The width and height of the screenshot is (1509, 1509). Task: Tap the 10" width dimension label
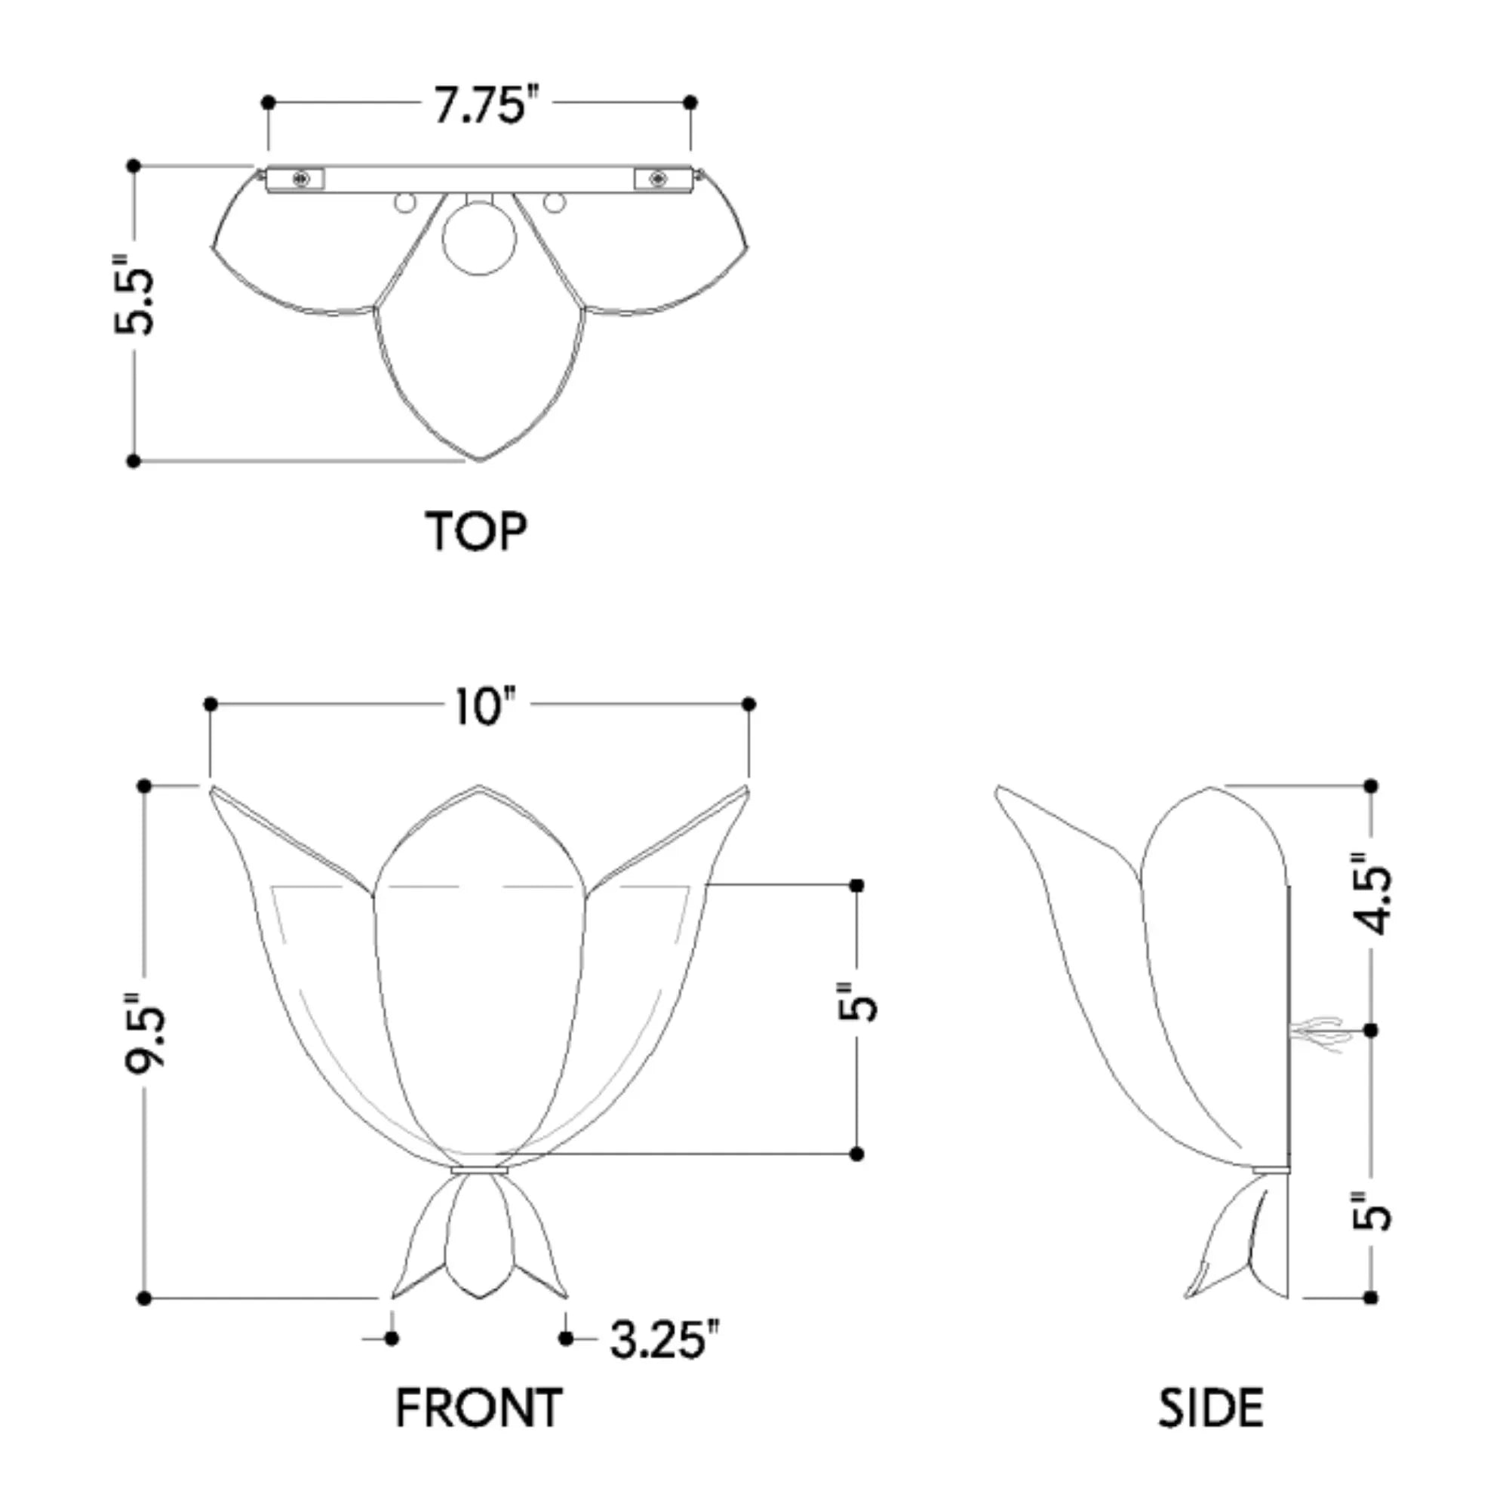pyautogui.click(x=485, y=708)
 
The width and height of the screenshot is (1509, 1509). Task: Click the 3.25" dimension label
pyautogui.click(x=663, y=1338)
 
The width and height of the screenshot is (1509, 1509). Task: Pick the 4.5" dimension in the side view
pyautogui.click(x=1372, y=892)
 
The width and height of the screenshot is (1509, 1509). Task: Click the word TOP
pyautogui.click(x=475, y=532)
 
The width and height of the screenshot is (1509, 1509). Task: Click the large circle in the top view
pyautogui.click(x=479, y=238)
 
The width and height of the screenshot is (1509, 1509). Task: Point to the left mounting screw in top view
pyautogui.click(x=301, y=180)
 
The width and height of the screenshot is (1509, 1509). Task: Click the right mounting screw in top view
pyautogui.click(x=656, y=180)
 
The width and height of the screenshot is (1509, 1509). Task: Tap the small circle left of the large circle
pyautogui.click(x=405, y=203)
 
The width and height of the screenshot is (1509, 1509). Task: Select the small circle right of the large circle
pyautogui.click(x=554, y=203)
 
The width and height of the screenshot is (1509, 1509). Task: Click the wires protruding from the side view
pyautogui.click(x=1320, y=1033)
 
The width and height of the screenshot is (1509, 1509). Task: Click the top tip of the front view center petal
pyautogui.click(x=479, y=787)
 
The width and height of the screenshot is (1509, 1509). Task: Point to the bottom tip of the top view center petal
pyautogui.click(x=480, y=459)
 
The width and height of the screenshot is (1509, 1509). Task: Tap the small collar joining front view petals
pyautogui.click(x=480, y=1170)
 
